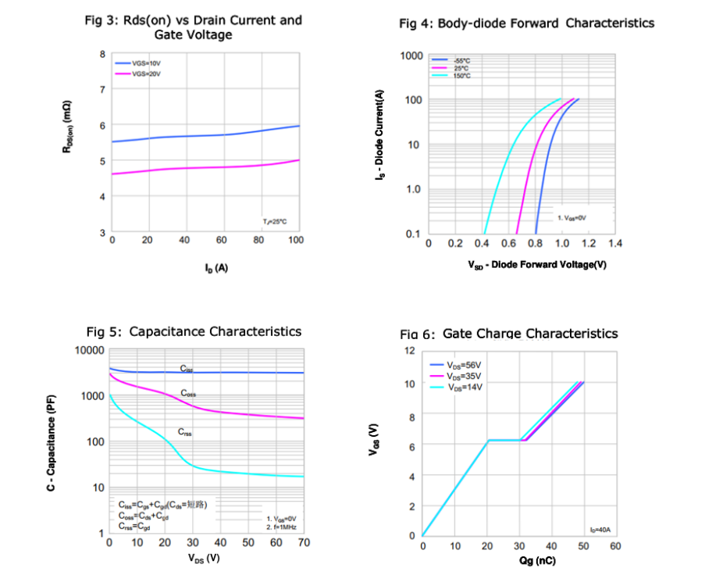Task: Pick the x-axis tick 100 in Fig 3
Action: tap(295, 240)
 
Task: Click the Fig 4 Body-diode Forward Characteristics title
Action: tap(526, 23)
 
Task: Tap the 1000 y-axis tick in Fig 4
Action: tap(411, 56)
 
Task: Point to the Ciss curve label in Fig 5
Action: tap(187, 368)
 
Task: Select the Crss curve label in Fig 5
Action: tap(185, 431)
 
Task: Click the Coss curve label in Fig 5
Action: tap(188, 393)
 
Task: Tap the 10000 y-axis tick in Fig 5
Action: tap(89, 350)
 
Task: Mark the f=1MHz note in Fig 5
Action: tap(281, 527)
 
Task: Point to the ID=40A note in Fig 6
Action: tap(600, 530)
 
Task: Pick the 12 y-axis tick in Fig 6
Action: tap(409, 351)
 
